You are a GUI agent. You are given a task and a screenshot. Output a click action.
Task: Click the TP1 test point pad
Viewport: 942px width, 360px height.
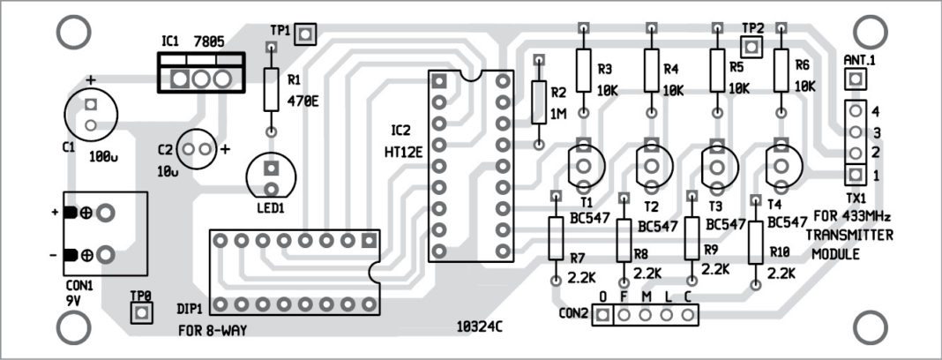tap(305, 34)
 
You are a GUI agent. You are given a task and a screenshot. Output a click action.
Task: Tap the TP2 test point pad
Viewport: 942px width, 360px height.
tap(751, 45)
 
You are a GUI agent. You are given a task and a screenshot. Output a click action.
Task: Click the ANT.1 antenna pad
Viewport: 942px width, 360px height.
tap(853, 79)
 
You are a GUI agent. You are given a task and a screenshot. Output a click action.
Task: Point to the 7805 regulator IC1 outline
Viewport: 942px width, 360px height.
tap(200, 74)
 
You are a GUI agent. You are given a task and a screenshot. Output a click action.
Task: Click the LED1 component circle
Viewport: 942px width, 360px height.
tap(272, 176)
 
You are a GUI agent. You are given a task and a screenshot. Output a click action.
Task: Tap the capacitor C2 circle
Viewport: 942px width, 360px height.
tap(197, 148)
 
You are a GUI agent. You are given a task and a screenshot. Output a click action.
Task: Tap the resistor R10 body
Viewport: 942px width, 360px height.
tap(755, 243)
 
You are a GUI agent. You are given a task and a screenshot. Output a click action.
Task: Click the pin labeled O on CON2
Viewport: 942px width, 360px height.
tap(602, 314)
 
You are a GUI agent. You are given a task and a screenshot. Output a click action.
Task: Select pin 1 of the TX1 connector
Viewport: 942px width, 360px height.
tap(854, 173)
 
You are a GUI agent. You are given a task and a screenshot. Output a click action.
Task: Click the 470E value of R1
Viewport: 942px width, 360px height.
tap(303, 101)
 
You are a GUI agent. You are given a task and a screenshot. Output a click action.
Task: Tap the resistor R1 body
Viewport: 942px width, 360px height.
tap(272, 87)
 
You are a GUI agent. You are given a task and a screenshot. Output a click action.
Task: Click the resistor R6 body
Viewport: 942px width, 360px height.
tap(780, 70)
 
